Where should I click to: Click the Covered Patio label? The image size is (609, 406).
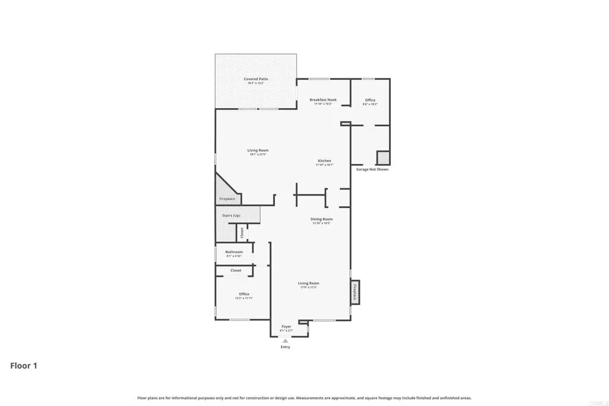(x=256, y=79)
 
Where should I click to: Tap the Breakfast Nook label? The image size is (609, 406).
(x=323, y=100)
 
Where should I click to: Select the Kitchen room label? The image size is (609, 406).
(x=324, y=161)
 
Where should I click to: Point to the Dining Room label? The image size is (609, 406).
(x=321, y=219)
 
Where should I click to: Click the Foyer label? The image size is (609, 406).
(x=286, y=326)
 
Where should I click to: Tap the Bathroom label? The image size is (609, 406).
(x=234, y=252)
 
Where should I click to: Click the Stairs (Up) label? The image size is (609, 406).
(x=231, y=215)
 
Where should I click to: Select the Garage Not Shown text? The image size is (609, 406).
(x=372, y=169)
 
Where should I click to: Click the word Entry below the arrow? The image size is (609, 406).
(x=285, y=347)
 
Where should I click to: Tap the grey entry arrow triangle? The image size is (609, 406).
(x=285, y=341)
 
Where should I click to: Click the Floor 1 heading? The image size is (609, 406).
(x=24, y=366)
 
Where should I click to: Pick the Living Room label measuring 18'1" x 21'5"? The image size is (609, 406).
(x=258, y=150)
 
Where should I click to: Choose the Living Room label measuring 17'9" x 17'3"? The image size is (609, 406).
(x=309, y=284)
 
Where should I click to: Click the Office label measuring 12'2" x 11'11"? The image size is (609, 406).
(x=244, y=294)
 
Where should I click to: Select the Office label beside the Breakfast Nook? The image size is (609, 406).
(x=370, y=100)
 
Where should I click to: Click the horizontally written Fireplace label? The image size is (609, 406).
(x=227, y=199)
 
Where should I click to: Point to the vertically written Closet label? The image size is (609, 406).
(x=242, y=233)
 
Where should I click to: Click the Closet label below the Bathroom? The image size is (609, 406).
(x=236, y=270)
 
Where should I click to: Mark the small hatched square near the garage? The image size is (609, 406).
(x=383, y=158)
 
